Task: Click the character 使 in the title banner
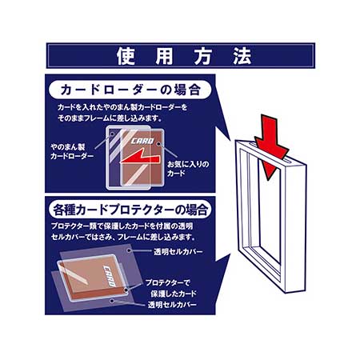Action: click(126, 56)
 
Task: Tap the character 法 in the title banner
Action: click(242, 56)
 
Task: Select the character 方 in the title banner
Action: click(203, 56)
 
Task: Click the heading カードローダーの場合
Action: click(130, 90)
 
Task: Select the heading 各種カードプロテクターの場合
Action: click(130, 210)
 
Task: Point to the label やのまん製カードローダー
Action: click(72, 151)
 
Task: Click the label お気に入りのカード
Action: click(188, 169)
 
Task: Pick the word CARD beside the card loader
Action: click(142, 141)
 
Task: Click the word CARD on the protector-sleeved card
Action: click(110, 275)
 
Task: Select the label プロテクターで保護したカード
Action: click(171, 288)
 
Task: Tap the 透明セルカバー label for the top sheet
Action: click(178, 251)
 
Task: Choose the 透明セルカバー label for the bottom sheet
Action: click(172, 305)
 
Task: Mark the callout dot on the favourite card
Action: click(159, 144)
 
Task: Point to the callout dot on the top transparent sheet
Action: click(130, 250)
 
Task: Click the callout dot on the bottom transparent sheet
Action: click(112, 301)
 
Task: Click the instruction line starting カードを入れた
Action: click(122, 107)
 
